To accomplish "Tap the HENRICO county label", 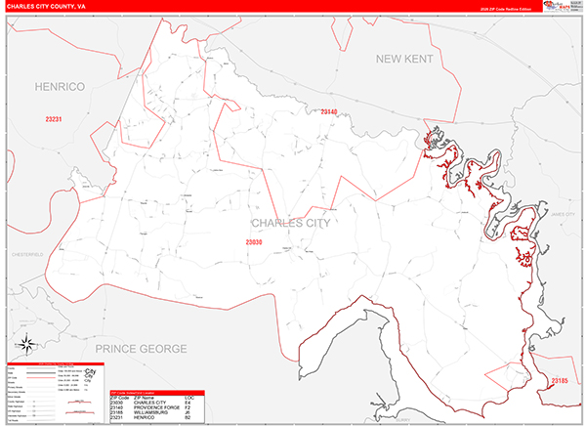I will click(x=61, y=88).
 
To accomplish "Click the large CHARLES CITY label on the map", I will click(x=291, y=223).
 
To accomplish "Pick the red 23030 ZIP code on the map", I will click(x=254, y=241).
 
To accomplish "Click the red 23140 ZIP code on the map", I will click(x=328, y=112).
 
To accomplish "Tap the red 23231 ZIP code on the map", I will click(x=54, y=119).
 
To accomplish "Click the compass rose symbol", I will click(x=26, y=345).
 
